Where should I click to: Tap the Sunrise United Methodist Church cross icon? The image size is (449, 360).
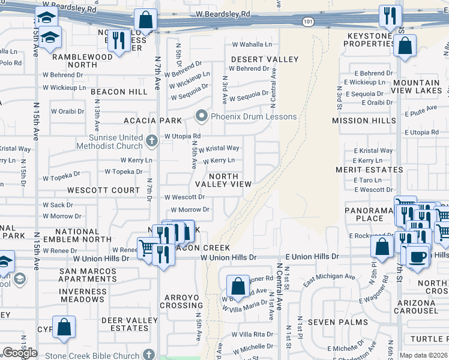152,142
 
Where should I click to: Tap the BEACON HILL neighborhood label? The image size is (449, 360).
119,92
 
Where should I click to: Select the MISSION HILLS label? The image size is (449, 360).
367,121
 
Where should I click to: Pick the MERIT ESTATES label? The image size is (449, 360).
369,170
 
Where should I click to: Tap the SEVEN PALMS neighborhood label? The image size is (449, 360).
329,322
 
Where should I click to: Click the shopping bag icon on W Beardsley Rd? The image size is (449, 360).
145,20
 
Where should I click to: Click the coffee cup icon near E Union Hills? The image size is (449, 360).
418,256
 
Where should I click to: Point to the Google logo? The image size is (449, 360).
20,353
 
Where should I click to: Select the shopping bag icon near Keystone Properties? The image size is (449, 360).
405,46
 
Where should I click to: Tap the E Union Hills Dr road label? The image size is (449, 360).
312,256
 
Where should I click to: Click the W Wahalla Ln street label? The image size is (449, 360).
252,44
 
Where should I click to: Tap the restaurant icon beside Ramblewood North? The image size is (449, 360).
119,40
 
